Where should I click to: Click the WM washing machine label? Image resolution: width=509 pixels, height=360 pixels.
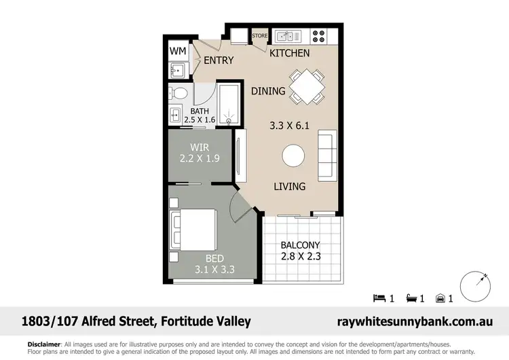178,51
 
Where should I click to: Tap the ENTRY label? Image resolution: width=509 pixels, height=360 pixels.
219,60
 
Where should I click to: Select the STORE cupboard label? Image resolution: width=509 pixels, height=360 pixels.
260,35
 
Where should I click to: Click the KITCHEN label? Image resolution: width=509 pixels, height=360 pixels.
290,53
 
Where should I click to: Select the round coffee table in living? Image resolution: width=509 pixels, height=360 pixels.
294,156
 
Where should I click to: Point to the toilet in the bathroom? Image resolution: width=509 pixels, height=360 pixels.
178,92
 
